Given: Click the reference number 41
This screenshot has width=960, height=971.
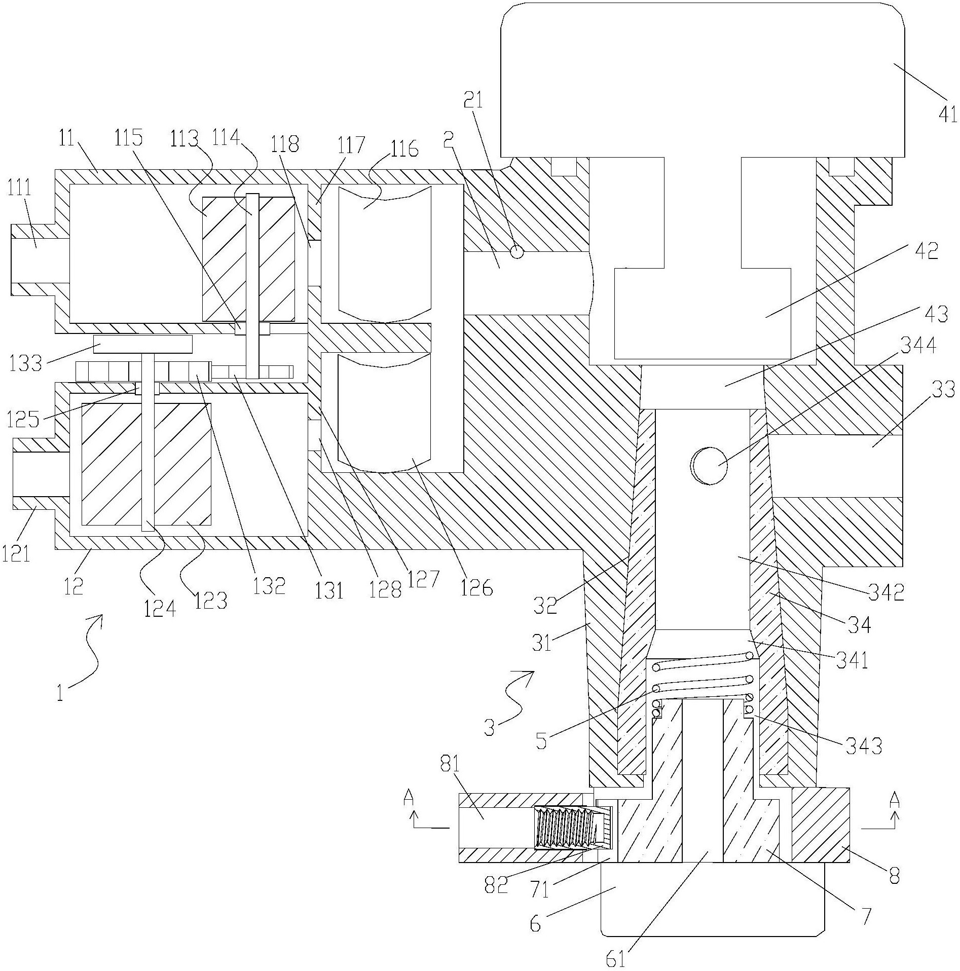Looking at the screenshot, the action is point(945,115).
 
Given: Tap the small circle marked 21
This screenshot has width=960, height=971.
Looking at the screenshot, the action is point(516,251).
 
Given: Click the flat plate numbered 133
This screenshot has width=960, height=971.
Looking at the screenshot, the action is point(142,344).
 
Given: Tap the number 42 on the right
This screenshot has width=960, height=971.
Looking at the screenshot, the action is point(926,251).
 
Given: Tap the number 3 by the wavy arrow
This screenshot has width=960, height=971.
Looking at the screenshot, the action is point(488,731).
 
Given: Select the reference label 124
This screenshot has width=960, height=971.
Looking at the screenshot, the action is point(160,607).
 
